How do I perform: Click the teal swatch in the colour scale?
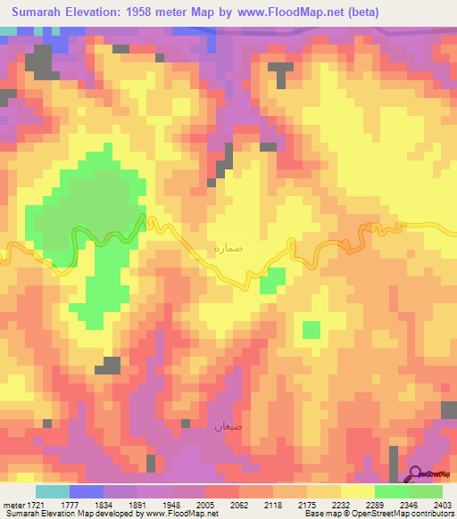pyautogui.click(x=53, y=491)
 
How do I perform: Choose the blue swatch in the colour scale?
pyautogui.click(x=87, y=491)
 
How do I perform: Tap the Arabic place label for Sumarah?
pyautogui.click(x=228, y=250)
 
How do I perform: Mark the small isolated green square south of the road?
pyautogui.click(x=311, y=330)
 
